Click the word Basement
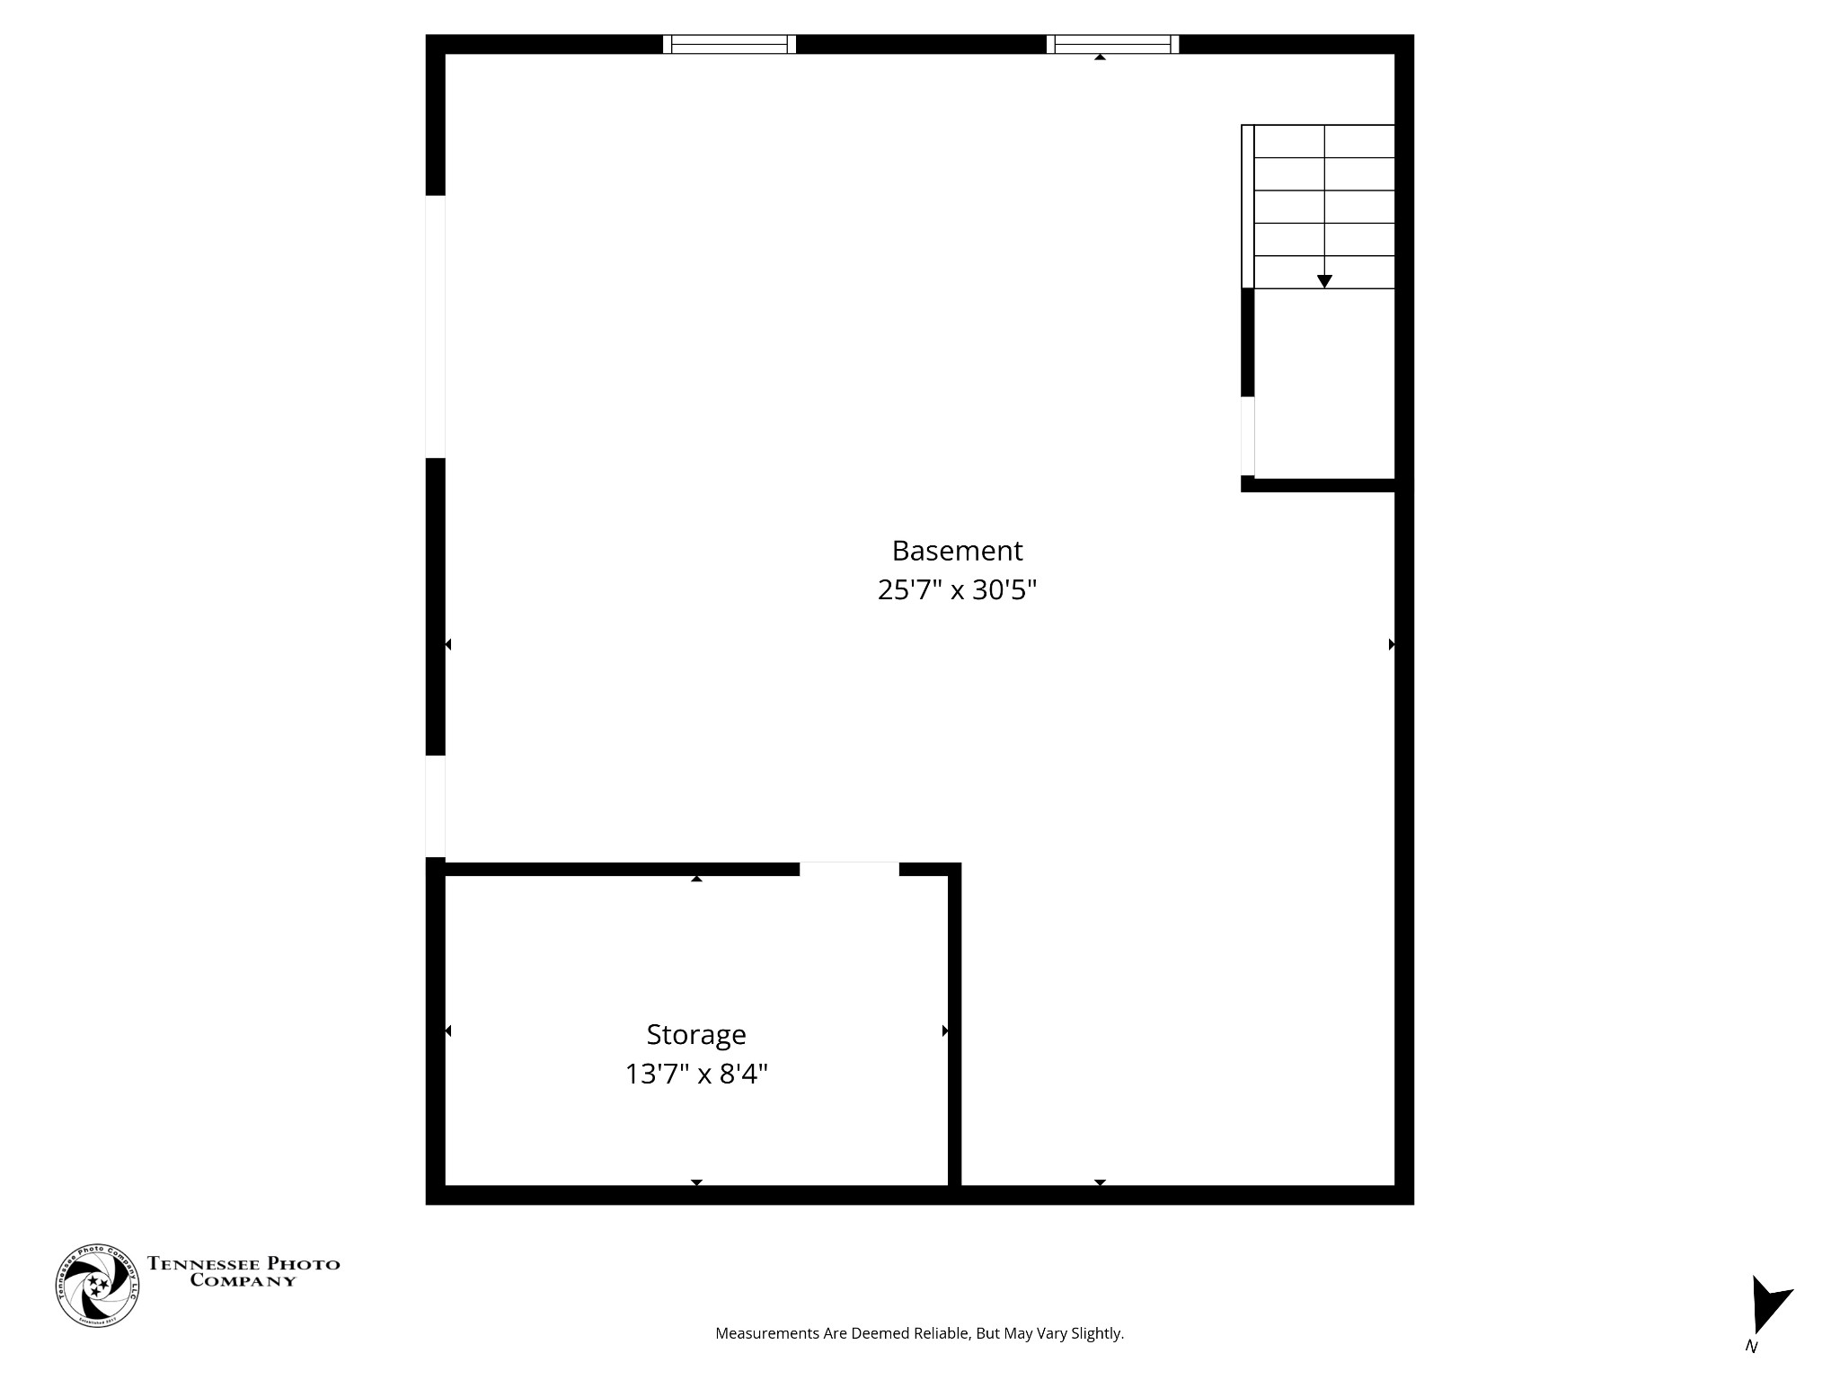click(957, 550)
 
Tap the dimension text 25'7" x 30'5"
click(957, 590)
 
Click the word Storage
click(696, 1034)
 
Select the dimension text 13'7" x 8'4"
click(696, 1074)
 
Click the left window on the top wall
click(729, 44)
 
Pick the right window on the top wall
click(1112, 44)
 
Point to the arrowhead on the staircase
click(1324, 281)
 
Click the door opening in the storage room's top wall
click(849, 869)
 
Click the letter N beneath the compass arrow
click(1751, 1346)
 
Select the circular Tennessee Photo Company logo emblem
click(97, 1286)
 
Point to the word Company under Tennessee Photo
click(243, 1281)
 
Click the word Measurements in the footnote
click(766, 1333)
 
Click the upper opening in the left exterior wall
click(435, 326)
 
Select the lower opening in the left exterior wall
click(435, 806)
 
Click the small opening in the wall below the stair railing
click(1247, 436)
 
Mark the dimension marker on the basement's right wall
click(1392, 644)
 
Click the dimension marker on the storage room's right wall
click(945, 1031)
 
